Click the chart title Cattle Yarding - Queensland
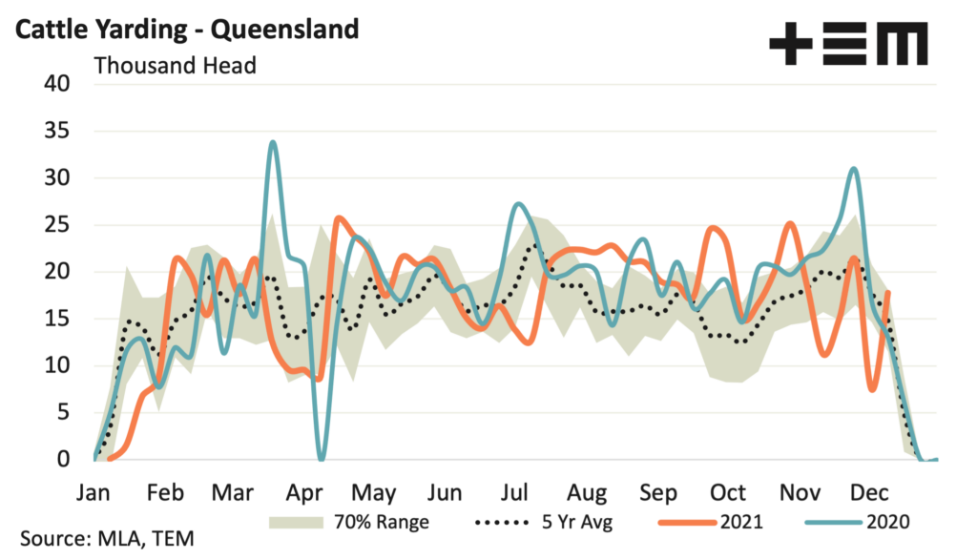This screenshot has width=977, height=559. click(x=186, y=29)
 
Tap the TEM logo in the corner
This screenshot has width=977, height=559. click(x=848, y=44)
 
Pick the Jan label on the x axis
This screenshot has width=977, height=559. click(x=94, y=493)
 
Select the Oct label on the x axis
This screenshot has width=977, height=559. click(x=728, y=493)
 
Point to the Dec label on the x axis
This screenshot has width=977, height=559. click(x=870, y=493)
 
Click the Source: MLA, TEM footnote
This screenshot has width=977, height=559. click(x=105, y=539)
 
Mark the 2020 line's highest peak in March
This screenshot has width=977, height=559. click(x=273, y=142)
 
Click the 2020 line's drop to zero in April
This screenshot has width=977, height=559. click(x=321, y=459)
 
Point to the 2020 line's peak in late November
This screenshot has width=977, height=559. click(x=854, y=169)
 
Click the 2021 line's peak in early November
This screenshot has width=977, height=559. click(x=790, y=223)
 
